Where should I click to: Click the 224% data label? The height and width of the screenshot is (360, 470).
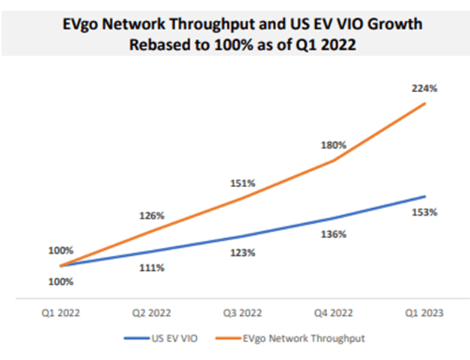pos(425,88)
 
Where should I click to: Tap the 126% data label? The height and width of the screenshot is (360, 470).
pos(153,216)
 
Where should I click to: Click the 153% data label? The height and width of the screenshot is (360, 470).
pos(425,213)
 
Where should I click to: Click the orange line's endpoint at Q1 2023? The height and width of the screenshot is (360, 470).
pos(425,103)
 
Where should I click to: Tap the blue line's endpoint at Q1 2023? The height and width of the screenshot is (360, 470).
pos(425,196)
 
